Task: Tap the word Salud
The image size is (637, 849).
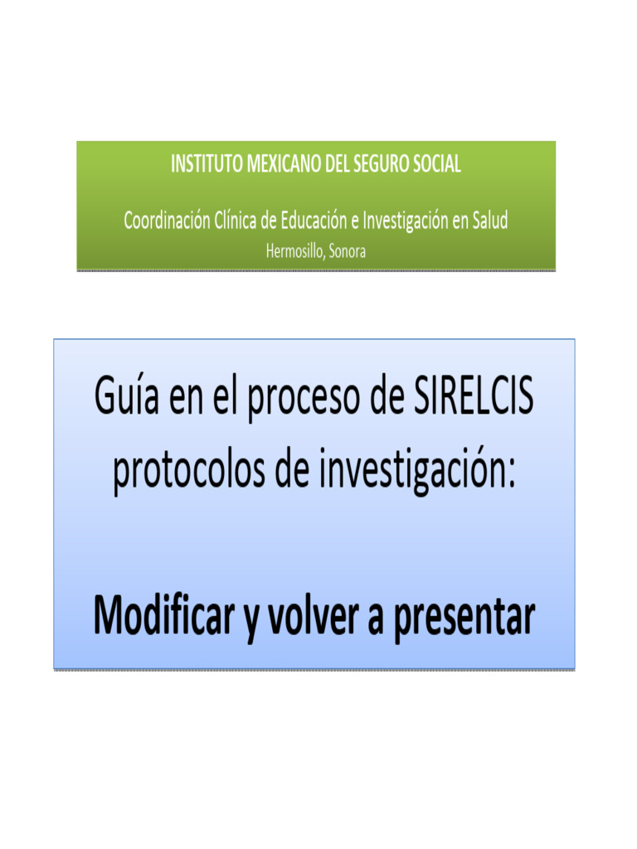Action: point(489,221)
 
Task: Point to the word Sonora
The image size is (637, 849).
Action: point(347,251)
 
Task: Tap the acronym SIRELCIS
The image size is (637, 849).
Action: point(473,397)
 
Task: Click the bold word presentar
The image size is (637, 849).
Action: point(464,619)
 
